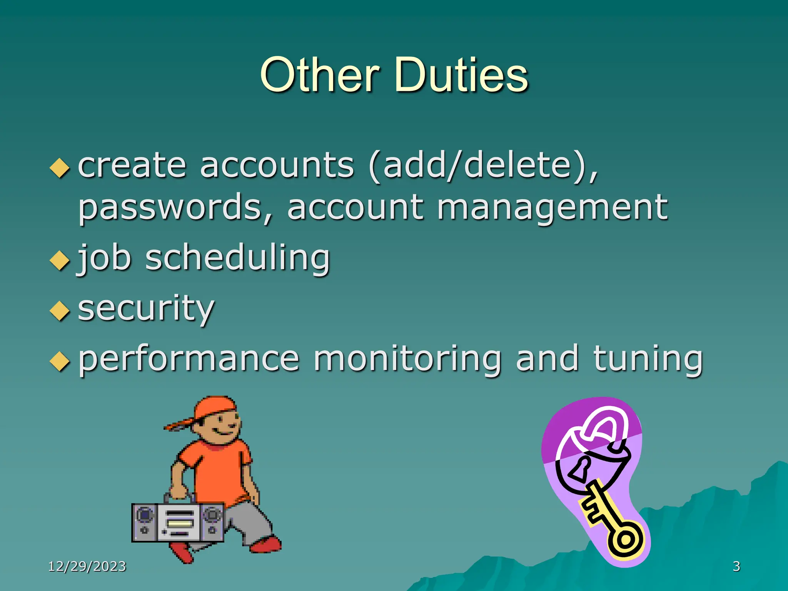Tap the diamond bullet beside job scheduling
pyautogui.click(x=60, y=260)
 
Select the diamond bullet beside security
pyautogui.click(x=60, y=311)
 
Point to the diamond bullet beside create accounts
pyautogui.click(x=60, y=168)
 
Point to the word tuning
pyautogui.click(x=648, y=359)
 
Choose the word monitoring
pyautogui.click(x=408, y=359)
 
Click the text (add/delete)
pyautogui.click(x=483, y=165)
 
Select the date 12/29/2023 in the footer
pyautogui.click(x=87, y=566)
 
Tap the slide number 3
pyautogui.click(x=736, y=566)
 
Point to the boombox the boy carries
pyautogui.click(x=178, y=523)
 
